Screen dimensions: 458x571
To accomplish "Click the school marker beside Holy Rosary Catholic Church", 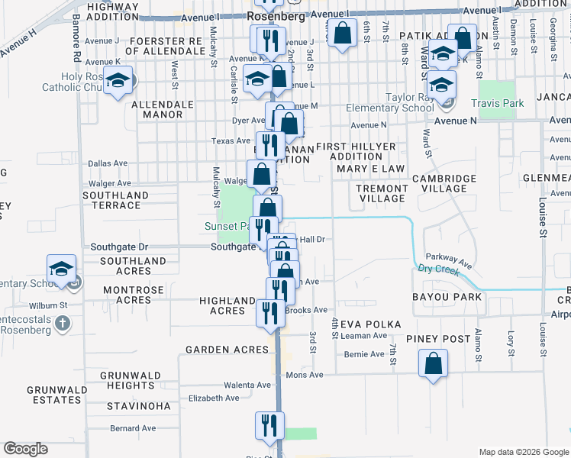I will pyautogui.click(x=118, y=81).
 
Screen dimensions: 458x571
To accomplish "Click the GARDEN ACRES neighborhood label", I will pyautogui.click(x=227, y=350).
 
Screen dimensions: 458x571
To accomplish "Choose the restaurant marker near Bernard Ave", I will pyautogui.click(x=269, y=425).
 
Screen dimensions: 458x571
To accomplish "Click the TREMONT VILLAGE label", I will pyautogui.click(x=382, y=193).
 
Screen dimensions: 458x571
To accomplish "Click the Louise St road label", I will pyautogui.click(x=543, y=218).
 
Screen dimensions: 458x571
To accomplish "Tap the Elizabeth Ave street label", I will pyautogui.click(x=214, y=398).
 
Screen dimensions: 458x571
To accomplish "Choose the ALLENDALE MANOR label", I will pyautogui.click(x=157, y=109).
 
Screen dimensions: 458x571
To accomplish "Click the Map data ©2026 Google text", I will pyautogui.click(x=524, y=452).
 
